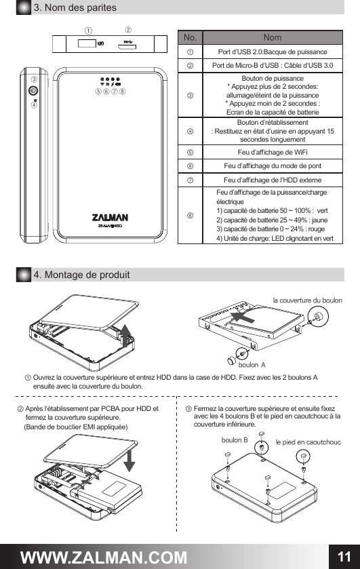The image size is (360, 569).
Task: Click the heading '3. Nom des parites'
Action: click(x=75, y=7)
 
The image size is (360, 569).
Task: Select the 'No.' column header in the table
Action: click(x=190, y=37)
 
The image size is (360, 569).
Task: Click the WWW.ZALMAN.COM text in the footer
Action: click(x=104, y=557)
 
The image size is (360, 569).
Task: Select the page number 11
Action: click(x=343, y=556)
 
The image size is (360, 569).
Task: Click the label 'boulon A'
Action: click(x=252, y=365)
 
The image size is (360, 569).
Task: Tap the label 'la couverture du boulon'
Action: click(x=307, y=299)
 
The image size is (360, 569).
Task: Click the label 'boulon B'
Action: click(x=235, y=440)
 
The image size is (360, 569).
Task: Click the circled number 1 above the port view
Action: click(x=88, y=31)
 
